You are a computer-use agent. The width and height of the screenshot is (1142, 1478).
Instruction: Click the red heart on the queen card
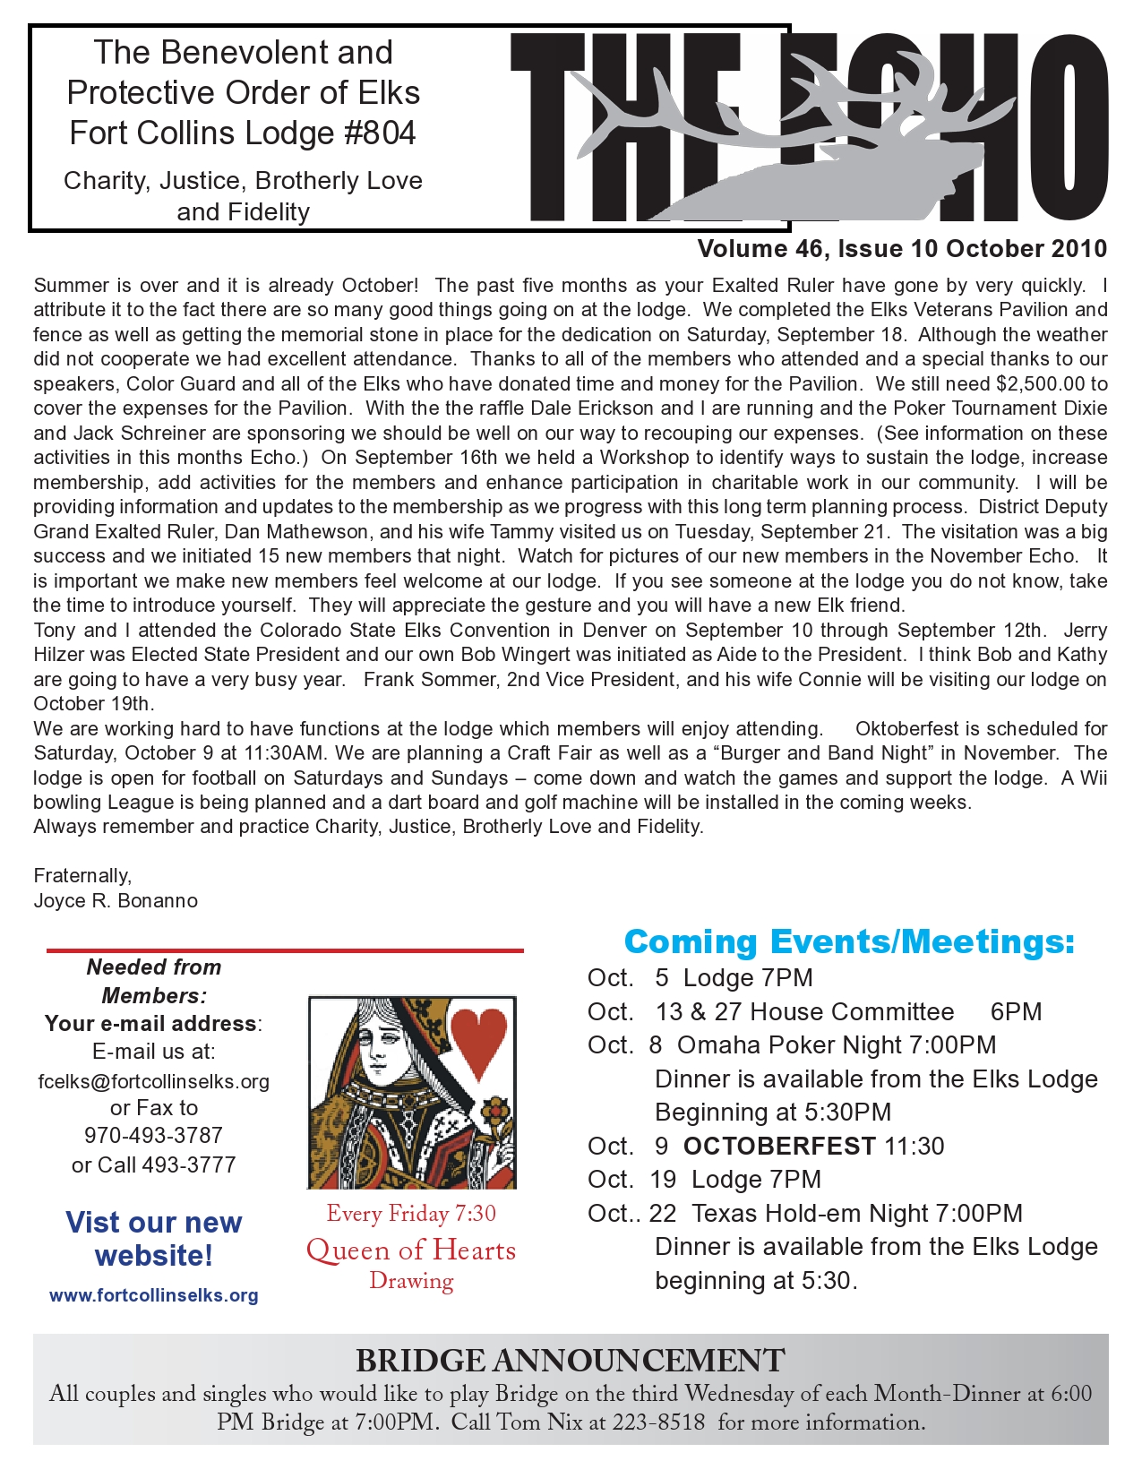point(479,1040)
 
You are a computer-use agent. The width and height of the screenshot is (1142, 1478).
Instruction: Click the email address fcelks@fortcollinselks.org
point(153,1081)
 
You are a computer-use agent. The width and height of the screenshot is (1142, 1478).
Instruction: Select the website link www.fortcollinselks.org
point(153,1295)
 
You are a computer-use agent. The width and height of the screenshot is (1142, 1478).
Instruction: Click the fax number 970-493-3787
point(153,1135)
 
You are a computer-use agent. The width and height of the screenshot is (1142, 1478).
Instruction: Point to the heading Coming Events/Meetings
point(848,941)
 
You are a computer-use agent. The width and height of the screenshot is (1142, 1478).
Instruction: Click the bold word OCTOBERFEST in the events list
point(779,1146)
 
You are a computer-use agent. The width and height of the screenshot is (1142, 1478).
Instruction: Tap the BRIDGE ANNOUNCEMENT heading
point(570,1361)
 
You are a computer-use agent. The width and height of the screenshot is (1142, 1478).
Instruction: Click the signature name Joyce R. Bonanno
point(116,900)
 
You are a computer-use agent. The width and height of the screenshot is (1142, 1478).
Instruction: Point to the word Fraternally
point(82,875)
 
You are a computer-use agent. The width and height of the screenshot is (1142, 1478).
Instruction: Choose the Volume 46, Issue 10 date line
point(901,249)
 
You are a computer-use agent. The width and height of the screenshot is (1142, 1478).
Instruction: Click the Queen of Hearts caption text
point(411,1250)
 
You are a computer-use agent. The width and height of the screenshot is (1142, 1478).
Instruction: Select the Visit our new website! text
point(153,1239)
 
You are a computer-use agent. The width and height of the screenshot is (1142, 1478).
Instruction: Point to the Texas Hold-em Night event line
point(804,1213)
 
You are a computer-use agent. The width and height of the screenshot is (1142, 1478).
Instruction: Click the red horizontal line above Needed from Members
point(285,950)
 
